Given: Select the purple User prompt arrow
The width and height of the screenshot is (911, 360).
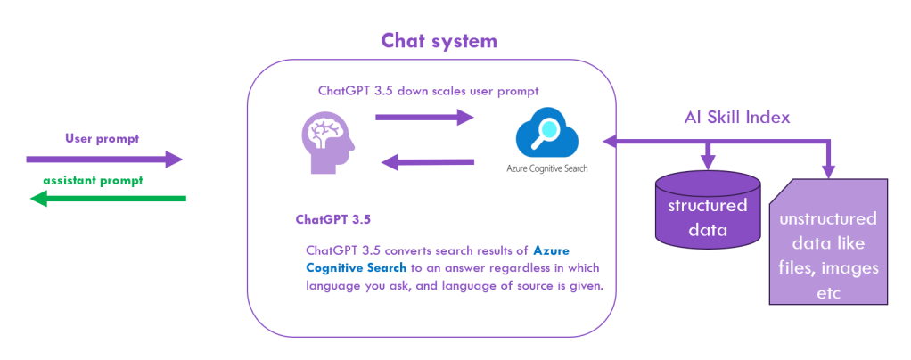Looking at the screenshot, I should (104, 160).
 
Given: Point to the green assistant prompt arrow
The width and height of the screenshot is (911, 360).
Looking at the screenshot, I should (108, 199).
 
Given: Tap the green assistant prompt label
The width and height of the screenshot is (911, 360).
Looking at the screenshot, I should (93, 180).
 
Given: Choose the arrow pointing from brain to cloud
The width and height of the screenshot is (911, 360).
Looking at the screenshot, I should (424, 116).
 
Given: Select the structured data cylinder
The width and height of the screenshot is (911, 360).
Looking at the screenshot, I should (708, 210).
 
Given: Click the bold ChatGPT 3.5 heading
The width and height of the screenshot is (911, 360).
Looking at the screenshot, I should (332, 218).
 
